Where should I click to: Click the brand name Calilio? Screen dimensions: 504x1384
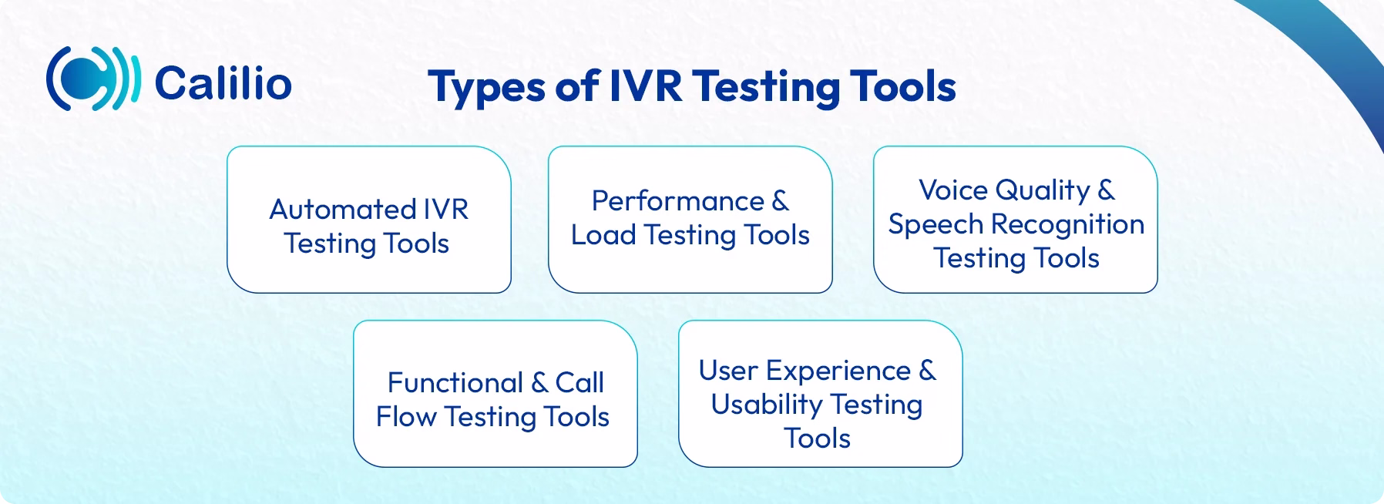[x=223, y=83]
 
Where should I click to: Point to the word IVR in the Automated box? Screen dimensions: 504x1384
[x=445, y=210]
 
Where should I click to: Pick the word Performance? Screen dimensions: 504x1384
[x=677, y=201]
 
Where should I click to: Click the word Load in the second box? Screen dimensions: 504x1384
[x=603, y=235]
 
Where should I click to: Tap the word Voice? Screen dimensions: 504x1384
[x=952, y=190]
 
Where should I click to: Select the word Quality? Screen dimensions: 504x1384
[x=1042, y=190]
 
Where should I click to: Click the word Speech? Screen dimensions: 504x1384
[x=935, y=224]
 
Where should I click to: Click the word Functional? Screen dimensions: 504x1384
[x=455, y=383]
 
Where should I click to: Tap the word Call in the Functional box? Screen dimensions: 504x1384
[x=579, y=383]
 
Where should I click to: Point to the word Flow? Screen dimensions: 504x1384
[x=406, y=417]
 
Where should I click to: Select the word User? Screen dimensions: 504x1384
[x=727, y=371]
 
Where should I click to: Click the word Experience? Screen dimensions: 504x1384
[x=838, y=371]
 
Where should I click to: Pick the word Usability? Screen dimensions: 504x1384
[x=766, y=405]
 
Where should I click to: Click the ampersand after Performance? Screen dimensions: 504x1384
[x=780, y=201]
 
